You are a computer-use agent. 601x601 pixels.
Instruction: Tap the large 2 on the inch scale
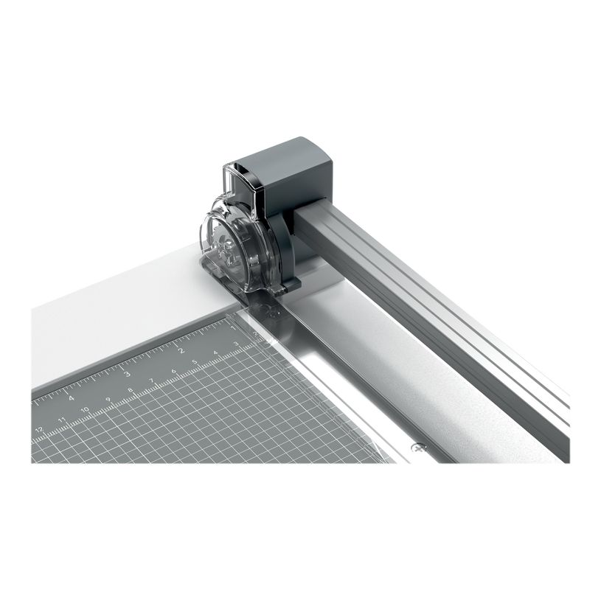[179, 350]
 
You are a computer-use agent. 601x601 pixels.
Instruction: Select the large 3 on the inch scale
[126, 373]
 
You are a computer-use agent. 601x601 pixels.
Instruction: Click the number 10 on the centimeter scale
[87, 410]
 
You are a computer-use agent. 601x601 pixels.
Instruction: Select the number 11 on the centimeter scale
[64, 420]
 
